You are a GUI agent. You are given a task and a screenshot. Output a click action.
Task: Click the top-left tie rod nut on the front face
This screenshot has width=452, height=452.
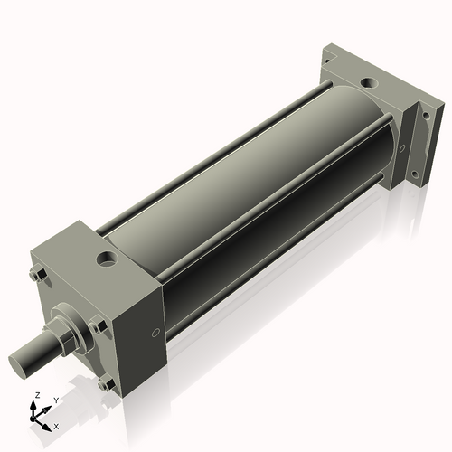pos(38,273)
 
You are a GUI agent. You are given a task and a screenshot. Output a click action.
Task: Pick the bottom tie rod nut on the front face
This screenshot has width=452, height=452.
pos(104,384)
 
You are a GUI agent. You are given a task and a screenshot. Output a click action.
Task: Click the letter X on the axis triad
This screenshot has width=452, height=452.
pos(57,425)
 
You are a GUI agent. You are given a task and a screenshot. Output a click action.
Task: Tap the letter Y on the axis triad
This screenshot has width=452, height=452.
pos(55,399)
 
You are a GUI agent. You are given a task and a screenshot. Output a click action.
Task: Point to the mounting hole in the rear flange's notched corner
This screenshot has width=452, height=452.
pos(329,56)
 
